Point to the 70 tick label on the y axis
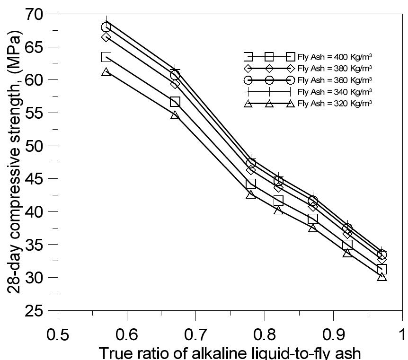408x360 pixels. (35, 14)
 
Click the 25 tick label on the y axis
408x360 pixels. (35, 311)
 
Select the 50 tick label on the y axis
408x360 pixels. (35, 146)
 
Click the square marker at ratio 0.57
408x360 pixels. (106, 57)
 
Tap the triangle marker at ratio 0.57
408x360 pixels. (106, 72)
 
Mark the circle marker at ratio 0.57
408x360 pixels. (106, 27)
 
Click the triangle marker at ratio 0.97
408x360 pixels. (382, 277)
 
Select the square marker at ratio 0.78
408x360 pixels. (251, 184)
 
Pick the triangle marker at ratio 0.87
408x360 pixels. (313, 228)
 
